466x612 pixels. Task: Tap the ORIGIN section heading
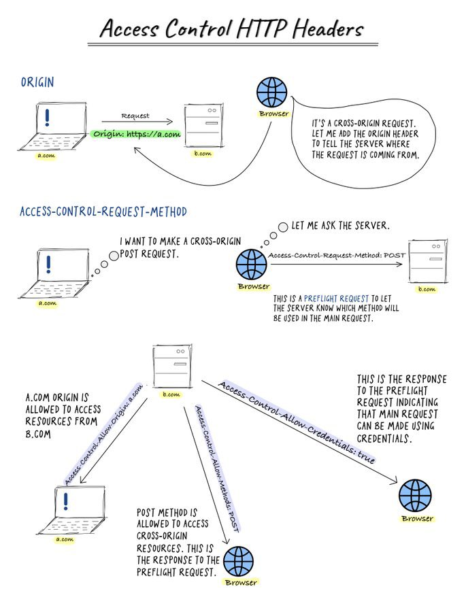37,83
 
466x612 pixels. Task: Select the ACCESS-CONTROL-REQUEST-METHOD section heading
103,211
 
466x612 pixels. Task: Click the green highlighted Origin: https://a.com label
136,134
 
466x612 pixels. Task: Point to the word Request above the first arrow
135,116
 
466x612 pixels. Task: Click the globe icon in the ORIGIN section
273,92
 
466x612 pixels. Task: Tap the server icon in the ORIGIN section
203,124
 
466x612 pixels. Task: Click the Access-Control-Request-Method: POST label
337,256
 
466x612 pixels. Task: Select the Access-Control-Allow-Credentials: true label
297,422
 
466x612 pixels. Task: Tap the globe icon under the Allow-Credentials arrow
415,496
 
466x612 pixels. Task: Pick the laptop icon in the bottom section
65,509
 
